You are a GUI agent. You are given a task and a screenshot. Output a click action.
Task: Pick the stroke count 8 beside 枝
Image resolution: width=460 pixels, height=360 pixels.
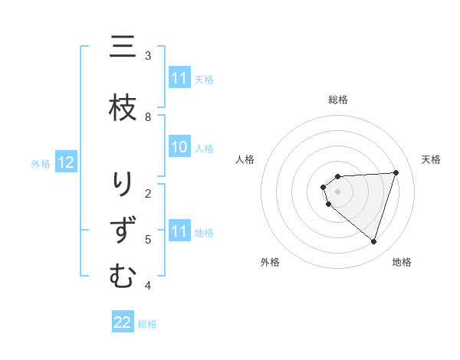[148, 116]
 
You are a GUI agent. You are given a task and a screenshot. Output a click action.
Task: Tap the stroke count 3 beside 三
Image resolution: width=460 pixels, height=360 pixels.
[148, 56]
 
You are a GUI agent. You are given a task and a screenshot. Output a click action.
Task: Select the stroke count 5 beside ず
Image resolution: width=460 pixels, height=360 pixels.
[148, 240]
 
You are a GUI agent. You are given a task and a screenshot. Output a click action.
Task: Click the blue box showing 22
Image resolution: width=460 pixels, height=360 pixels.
[123, 322]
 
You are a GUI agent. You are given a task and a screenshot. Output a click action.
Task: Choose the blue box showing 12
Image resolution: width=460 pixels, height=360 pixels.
[66, 162]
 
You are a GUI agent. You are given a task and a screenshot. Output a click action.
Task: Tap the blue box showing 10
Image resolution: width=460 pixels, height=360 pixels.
[179, 148]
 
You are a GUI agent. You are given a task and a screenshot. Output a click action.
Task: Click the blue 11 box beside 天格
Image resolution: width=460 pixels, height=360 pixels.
[179, 78]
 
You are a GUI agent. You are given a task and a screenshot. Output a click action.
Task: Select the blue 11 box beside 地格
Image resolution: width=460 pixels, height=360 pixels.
[179, 231]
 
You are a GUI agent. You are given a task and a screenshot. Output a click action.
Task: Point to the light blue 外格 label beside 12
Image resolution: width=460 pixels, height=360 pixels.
[41, 163]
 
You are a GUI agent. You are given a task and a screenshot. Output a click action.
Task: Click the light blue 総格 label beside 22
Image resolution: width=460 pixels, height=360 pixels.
[147, 323]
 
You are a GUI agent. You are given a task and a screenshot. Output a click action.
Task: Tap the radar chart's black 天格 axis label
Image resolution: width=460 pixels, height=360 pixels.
[431, 159]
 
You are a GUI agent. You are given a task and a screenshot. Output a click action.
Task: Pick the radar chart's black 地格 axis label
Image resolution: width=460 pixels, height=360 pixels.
[402, 262]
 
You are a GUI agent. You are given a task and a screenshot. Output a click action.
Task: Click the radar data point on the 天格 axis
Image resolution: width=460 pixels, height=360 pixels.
[396, 172]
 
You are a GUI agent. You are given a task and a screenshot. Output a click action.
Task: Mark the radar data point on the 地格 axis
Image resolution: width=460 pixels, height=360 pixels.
[373, 241]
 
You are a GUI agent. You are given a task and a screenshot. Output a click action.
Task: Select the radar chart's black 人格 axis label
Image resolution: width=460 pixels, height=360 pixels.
[245, 159]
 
